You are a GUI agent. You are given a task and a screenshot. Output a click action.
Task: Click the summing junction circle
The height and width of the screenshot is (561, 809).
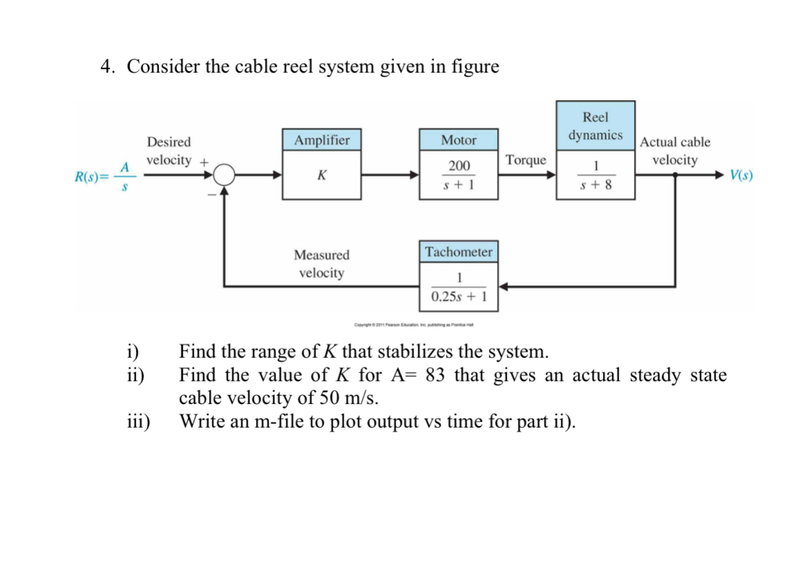[225, 175]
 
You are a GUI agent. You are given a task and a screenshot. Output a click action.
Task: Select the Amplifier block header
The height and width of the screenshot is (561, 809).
[322, 140]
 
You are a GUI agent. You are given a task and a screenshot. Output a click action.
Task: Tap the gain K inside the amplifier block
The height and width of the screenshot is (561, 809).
[322, 175]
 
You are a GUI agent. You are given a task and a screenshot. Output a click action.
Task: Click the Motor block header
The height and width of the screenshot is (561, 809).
[458, 140]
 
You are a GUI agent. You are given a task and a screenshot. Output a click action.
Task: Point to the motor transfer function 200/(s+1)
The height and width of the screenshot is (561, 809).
[458, 175]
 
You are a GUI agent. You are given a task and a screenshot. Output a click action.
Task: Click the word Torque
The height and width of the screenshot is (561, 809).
[526, 160]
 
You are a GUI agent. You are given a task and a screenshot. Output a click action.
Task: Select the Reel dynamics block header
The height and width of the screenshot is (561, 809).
[595, 126]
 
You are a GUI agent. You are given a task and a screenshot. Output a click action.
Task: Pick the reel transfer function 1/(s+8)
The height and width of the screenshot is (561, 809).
[595, 175]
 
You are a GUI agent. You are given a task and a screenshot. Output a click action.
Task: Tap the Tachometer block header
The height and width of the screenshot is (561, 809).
[458, 252]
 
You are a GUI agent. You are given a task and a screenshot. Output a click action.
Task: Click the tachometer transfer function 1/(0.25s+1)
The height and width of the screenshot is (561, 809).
[458, 287]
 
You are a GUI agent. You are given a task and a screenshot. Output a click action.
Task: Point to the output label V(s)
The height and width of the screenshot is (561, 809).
[741, 175]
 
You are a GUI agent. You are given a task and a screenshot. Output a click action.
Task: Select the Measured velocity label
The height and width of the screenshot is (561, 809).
[322, 264]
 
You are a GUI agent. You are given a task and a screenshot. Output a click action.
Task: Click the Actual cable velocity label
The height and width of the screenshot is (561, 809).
[675, 151]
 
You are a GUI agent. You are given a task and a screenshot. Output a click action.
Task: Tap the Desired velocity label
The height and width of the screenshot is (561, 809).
[169, 151]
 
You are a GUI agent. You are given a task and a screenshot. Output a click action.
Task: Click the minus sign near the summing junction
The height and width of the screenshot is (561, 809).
[212, 194]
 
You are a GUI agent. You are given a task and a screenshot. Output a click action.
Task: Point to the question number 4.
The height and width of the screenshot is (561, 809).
[106, 67]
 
